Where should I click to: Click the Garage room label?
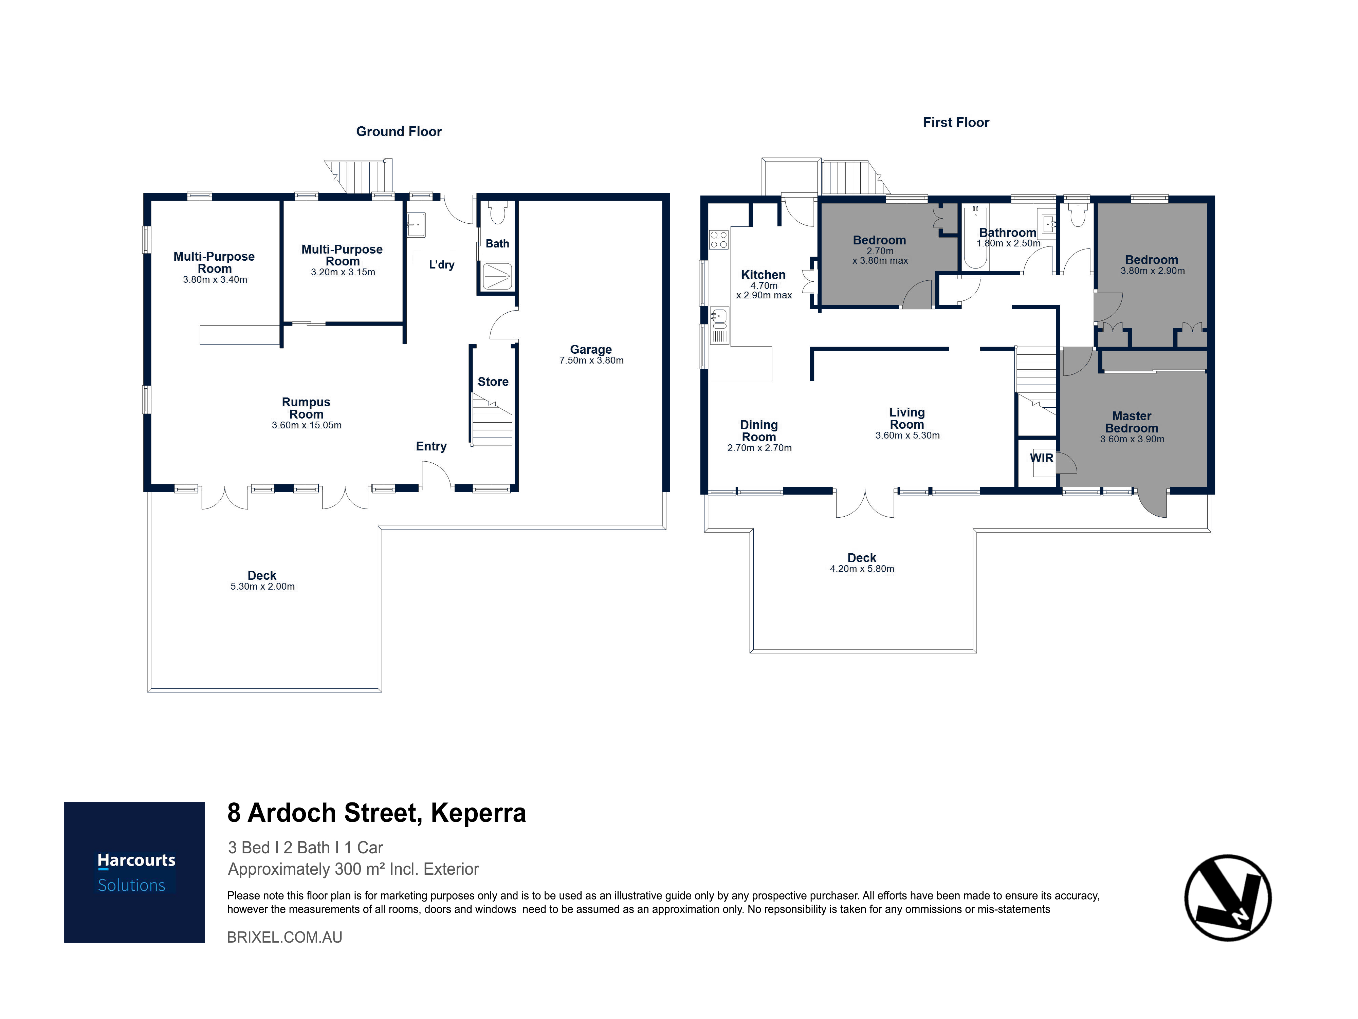[591, 349]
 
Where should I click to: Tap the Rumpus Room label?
[306, 408]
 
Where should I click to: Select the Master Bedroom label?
[1132, 422]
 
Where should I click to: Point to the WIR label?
[1042, 458]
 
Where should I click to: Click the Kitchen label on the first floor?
[763, 275]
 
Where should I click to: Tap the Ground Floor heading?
[399, 131]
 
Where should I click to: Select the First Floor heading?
[956, 122]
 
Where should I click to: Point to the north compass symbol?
[1228, 897]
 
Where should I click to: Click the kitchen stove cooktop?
[719, 239]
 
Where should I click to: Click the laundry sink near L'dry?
[416, 225]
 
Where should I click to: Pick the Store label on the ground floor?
[493, 382]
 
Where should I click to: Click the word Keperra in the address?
[478, 813]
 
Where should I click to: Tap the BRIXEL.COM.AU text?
[285, 937]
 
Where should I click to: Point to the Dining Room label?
[759, 431]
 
